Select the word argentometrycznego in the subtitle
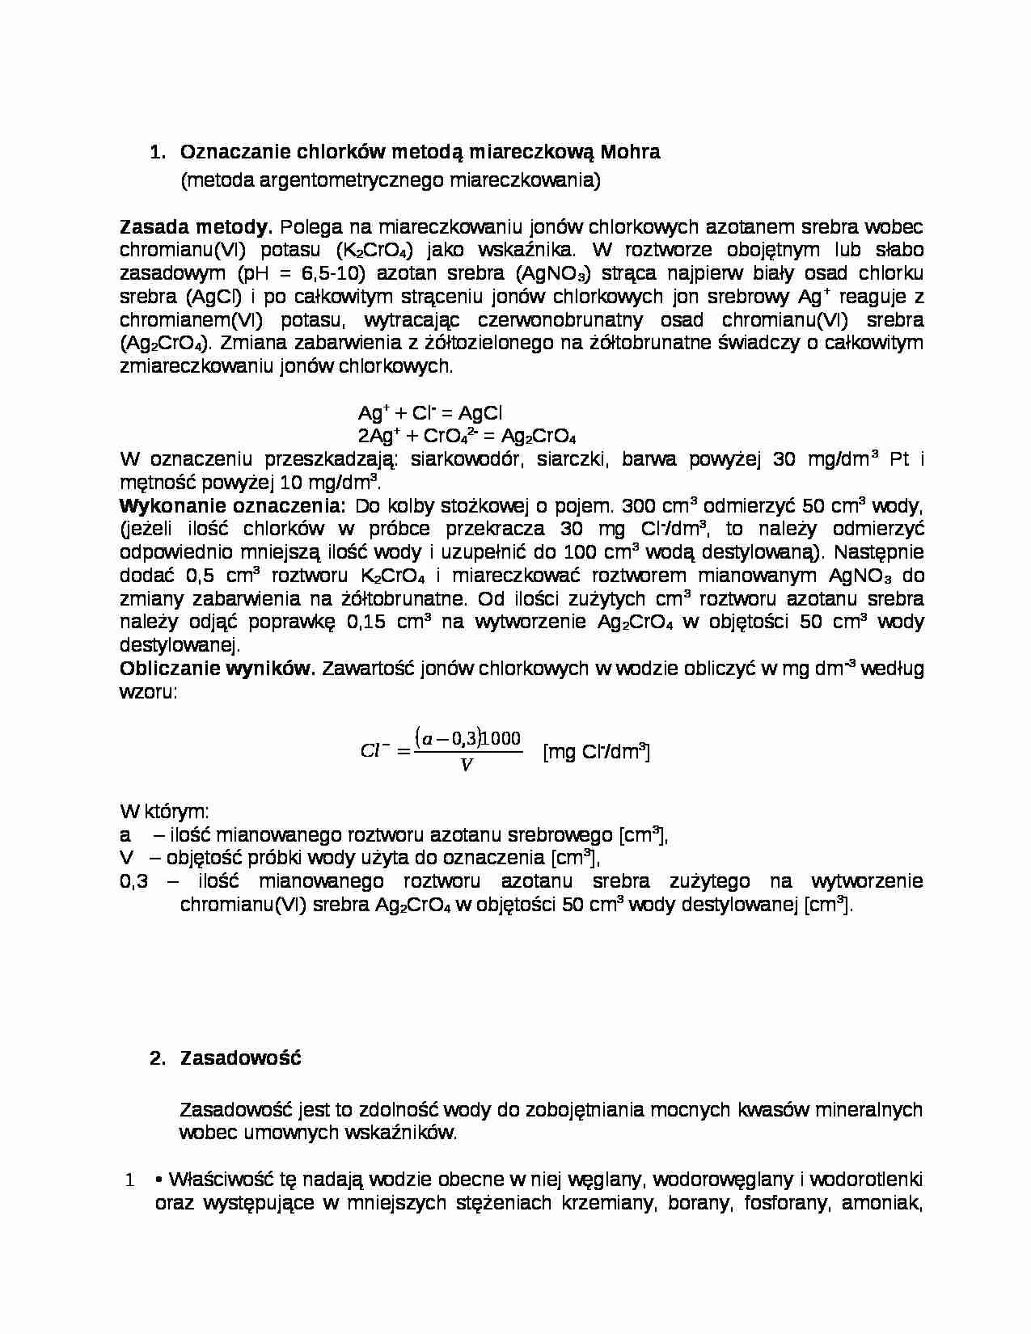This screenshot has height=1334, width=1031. click(351, 180)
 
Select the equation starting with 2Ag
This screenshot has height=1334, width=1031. click(467, 437)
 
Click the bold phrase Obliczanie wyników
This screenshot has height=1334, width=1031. click(218, 669)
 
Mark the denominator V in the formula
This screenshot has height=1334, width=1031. click(466, 765)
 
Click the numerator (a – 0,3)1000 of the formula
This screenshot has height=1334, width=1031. click(468, 737)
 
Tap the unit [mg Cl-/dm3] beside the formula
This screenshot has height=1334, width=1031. click(597, 752)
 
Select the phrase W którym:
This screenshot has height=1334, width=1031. click(165, 811)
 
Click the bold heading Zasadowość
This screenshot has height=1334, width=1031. click(240, 1058)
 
